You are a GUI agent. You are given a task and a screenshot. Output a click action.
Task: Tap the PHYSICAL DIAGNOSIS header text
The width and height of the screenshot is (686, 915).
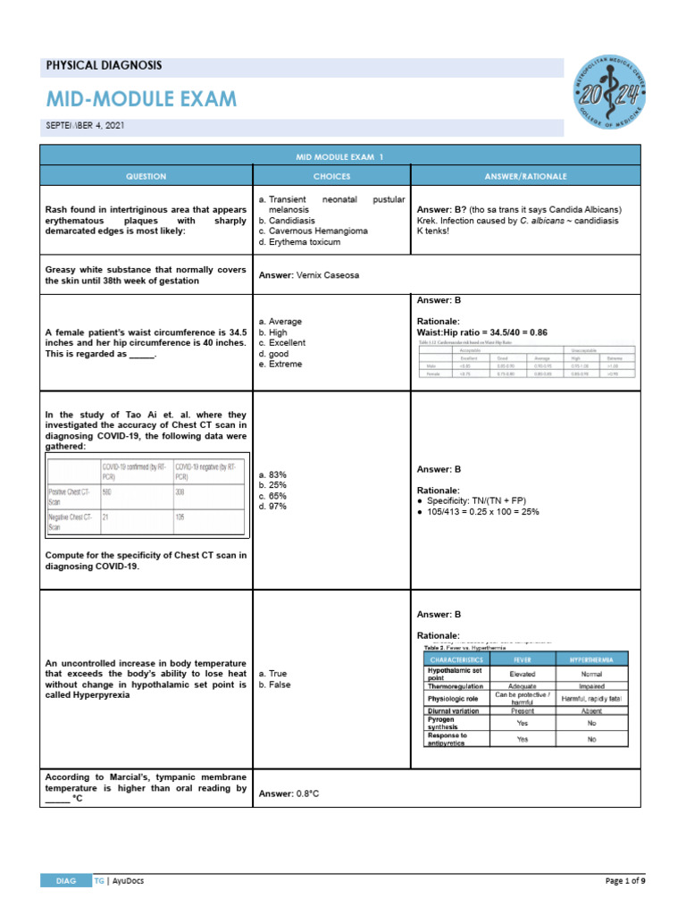pyautogui.click(x=104, y=66)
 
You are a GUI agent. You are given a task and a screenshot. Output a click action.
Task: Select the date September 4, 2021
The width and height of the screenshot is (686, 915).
pyautogui.click(x=84, y=126)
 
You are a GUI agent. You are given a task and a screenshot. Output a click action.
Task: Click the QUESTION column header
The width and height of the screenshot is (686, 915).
pyautogui.click(x=146, y=177)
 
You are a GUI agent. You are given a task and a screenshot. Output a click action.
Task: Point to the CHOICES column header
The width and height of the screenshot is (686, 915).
pyautogui.click(x=331, y=177)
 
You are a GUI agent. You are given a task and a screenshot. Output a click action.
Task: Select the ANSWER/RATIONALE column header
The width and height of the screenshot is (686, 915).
pyautogui.click(x=525, y=177)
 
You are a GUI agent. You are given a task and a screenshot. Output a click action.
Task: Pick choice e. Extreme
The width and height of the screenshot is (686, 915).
pyautogui.click(x=280, y=365)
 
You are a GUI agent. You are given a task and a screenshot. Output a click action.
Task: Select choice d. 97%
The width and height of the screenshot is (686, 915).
pyautogui.click(x=272, y=507)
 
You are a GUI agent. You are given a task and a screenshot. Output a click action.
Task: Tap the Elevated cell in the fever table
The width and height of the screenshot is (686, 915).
pyautogui.click(x=523, y=673)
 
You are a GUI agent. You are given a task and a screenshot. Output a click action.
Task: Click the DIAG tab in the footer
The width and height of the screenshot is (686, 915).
pyautogui.click(x=64, y=880)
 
